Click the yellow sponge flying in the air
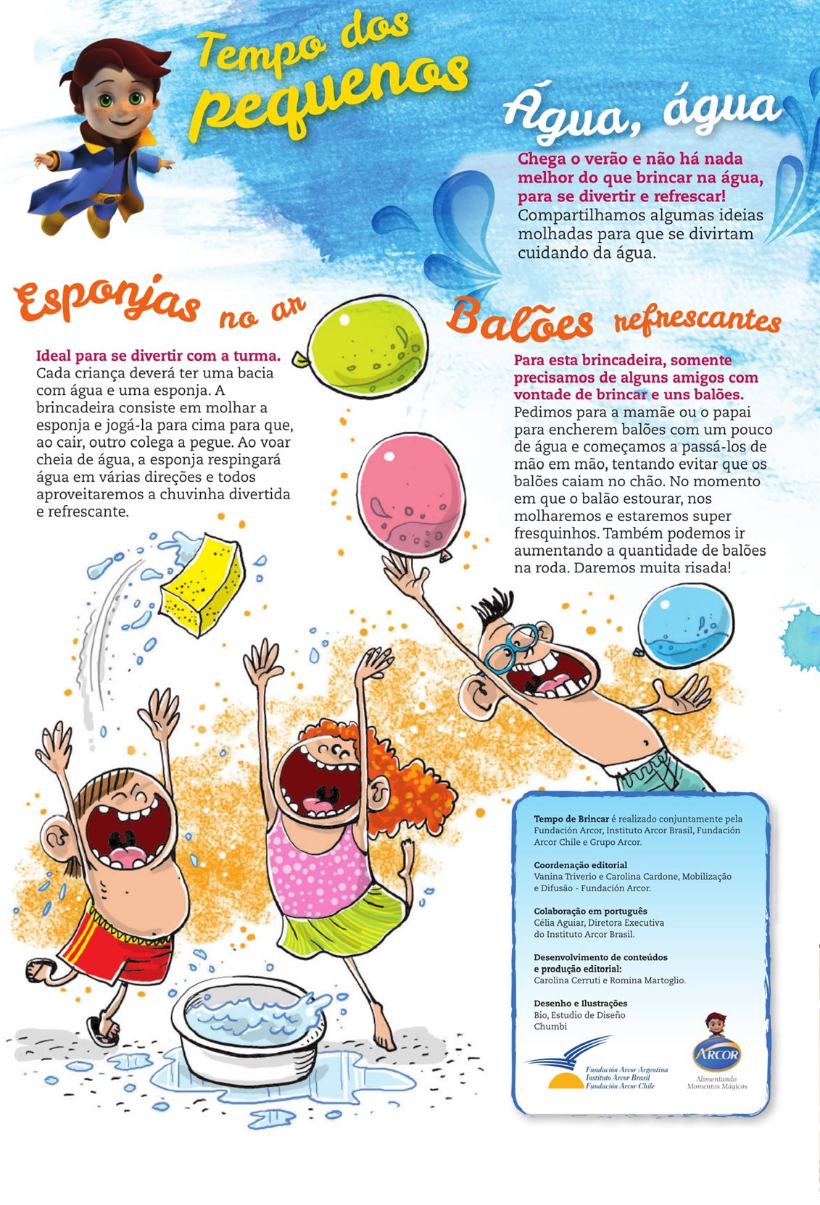tap(202, 583)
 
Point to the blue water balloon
tap(687, 625)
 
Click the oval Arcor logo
tap(716, 1054)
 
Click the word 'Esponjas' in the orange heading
tap(106, 301)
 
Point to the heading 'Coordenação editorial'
tap(580, 865)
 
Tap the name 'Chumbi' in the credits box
tap(550, 1027)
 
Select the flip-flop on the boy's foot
tap(103, 1030)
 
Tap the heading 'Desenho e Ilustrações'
tap(580, 1004)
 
